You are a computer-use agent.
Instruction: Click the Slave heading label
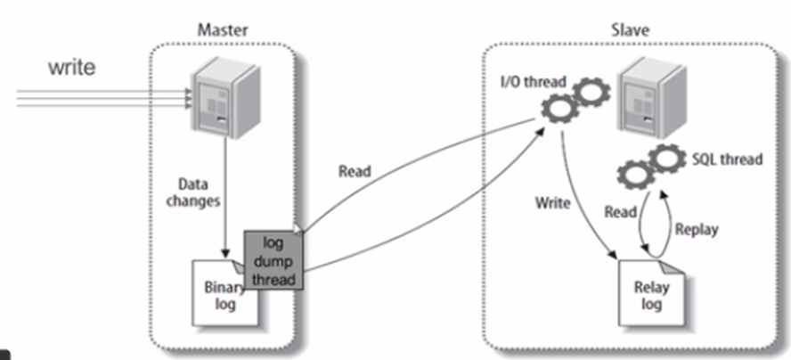point(632,30)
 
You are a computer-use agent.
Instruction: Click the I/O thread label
point(534,82)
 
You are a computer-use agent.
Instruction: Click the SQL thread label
point(726,159)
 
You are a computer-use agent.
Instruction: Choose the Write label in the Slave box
point(552,202)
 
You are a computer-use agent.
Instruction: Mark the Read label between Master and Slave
point(355,171)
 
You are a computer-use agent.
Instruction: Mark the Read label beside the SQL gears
point(621,212)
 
